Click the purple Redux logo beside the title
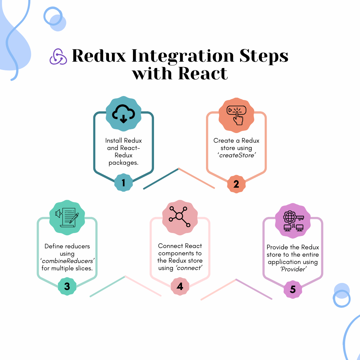[x=58, y=56]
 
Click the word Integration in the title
[x=183, y=56]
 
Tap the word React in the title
[x=203, y=73]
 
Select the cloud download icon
[x=123, y=114]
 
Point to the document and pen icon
[x=67, y=218]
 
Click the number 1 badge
[x=123, y=183]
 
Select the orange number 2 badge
[x=236, y=184]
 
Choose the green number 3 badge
[x=67, y=286]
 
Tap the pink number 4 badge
[x=180, y=286]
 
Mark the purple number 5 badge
[x=293, y=289]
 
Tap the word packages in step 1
[x=123, y=163]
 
